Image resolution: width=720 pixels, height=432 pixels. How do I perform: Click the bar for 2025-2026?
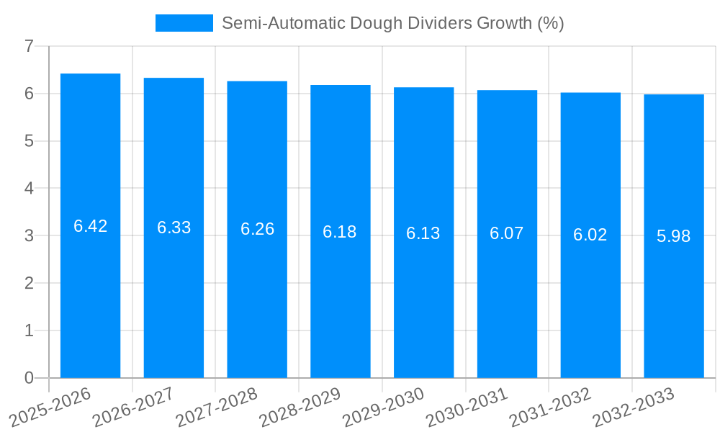coord(90,225)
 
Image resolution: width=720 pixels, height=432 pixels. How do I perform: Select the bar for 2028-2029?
coord(340,231)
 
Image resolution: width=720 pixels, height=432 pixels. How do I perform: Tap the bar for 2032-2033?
coord(673,236)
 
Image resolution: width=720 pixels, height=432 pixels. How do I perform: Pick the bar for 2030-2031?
coord(507,234)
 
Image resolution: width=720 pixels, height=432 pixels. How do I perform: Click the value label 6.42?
coord(90,226)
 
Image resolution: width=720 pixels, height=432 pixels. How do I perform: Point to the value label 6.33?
coord(174,228)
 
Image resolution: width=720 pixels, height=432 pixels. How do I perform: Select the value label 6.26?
coord(257,229)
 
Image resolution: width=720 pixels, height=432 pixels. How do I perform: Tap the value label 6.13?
coord(423,233)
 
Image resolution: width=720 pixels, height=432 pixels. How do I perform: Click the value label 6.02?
coord(590,235)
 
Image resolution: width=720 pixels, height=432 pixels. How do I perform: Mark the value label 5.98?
coord(673,236)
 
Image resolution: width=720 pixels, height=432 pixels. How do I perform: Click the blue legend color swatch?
coord(184,23)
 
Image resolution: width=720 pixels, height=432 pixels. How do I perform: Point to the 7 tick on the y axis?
coord(29,46)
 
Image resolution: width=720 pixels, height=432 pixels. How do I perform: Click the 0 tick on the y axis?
coord(29,378)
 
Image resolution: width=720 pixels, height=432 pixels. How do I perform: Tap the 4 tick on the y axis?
coord(29,189)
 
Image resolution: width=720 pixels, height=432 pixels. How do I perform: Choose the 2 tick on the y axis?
coord(29,283)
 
